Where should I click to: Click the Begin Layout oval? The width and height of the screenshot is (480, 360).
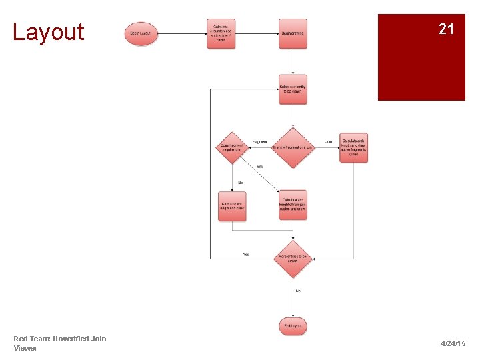pos(141,33)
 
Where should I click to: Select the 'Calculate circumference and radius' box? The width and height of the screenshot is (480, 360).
pos(220,33)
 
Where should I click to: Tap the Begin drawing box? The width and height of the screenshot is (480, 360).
pos(293,33)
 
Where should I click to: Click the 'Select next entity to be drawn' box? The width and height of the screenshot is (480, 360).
pos(293,89)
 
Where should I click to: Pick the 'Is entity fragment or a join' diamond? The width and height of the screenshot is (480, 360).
pos(293,147)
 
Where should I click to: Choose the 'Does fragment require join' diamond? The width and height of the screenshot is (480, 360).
pos(232,147)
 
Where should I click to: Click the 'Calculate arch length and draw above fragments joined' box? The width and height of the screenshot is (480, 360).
pos(353,147)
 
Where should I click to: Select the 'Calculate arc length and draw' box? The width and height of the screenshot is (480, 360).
pos(232,206)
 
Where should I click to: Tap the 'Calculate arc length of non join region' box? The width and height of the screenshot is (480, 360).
pos(293,205)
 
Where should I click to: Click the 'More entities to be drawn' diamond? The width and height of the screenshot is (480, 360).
pos(293,258)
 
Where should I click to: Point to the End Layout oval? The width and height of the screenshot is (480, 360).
pos(293,326)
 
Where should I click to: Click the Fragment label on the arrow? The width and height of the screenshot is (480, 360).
pos(260,142)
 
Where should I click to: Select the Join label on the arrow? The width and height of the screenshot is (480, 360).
pos(329,142)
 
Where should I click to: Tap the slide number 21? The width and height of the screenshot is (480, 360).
pos(446,29)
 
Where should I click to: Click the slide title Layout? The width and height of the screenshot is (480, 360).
pos(49,32)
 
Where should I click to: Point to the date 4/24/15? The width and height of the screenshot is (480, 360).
pos(453,343)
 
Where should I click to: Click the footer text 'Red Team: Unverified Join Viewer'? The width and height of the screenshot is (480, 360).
pos(59,343)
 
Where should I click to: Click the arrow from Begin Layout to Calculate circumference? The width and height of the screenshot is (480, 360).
pos(182,33)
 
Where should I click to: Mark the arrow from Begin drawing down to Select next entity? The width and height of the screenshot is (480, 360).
pos(293,61)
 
